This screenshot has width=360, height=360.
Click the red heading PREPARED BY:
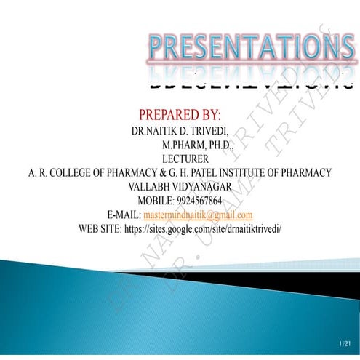coord(179,115)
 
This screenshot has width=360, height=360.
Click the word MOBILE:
coord(154,201)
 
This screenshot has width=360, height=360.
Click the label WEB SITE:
coord(103,228)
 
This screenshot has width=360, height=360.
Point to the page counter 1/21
coord(345,343)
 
